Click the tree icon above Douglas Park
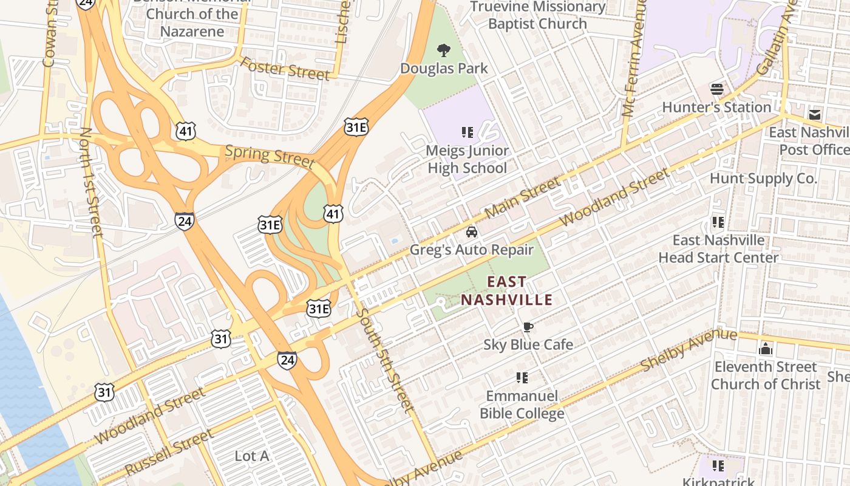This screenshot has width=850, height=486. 444,50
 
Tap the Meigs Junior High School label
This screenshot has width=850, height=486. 467,159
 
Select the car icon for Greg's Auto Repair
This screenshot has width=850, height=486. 471,232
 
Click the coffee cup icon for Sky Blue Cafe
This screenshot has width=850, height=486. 528,327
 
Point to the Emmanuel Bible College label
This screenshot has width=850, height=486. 522,405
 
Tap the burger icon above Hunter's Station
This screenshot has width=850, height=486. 717,89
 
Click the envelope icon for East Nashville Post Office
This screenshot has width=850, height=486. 814,114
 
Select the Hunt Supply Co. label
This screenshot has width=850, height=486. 763,179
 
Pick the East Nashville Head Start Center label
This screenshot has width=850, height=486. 718,248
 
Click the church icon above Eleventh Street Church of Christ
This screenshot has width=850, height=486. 766,349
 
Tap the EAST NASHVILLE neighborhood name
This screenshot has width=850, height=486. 506,290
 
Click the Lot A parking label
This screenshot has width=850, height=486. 251,456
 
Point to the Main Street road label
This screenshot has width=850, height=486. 523,197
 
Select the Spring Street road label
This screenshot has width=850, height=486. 270,156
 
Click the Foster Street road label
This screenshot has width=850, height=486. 285,68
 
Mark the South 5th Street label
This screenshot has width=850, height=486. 385,361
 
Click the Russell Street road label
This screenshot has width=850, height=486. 169,453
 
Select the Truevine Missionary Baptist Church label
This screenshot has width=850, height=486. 538,15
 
